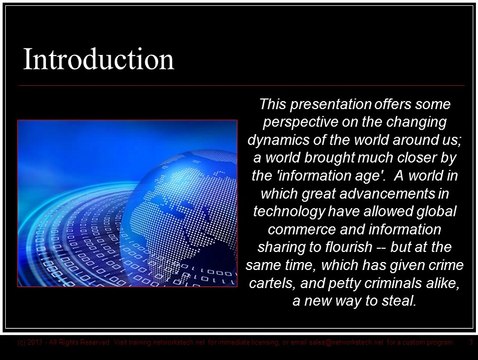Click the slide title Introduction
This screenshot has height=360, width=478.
[x=99, y=59]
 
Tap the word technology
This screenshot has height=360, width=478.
[x=291, y=214]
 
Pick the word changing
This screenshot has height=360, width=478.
[x=424, y=121]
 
